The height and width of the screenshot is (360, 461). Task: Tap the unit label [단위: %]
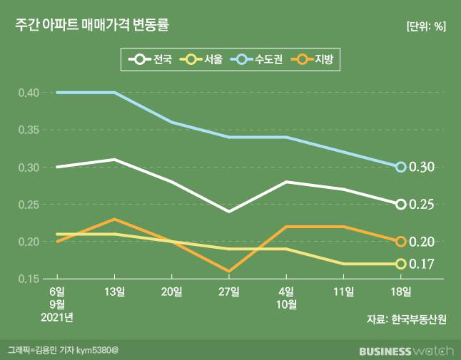[425, 27]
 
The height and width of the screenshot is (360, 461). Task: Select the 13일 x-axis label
[114, 292]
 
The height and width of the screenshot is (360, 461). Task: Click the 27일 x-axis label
[229, 292]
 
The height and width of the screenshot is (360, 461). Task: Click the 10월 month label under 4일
[287, 304]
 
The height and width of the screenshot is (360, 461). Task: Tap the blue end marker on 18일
[401, 167]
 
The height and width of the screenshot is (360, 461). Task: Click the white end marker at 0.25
[401, 205]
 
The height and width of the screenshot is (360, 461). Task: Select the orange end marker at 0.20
[401, 242]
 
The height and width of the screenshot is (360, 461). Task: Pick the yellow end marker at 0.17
[401, 264]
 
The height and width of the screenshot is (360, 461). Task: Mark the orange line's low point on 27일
[229, 272]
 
